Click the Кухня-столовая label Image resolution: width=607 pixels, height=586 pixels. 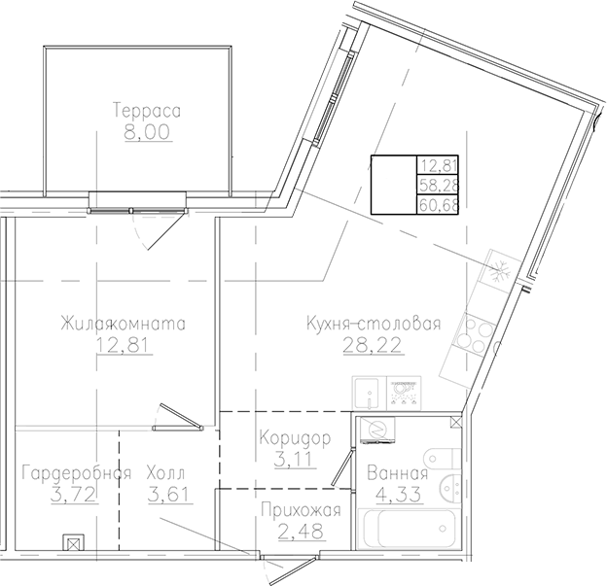point(374,324)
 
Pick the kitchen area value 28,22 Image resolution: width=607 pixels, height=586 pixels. point(374,344)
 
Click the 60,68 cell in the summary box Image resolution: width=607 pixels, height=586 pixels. point(437,204)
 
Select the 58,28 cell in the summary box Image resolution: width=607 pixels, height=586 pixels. point(437,184)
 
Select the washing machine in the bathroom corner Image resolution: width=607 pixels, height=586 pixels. point(374,430)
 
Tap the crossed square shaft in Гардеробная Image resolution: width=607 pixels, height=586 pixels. point(72,543)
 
